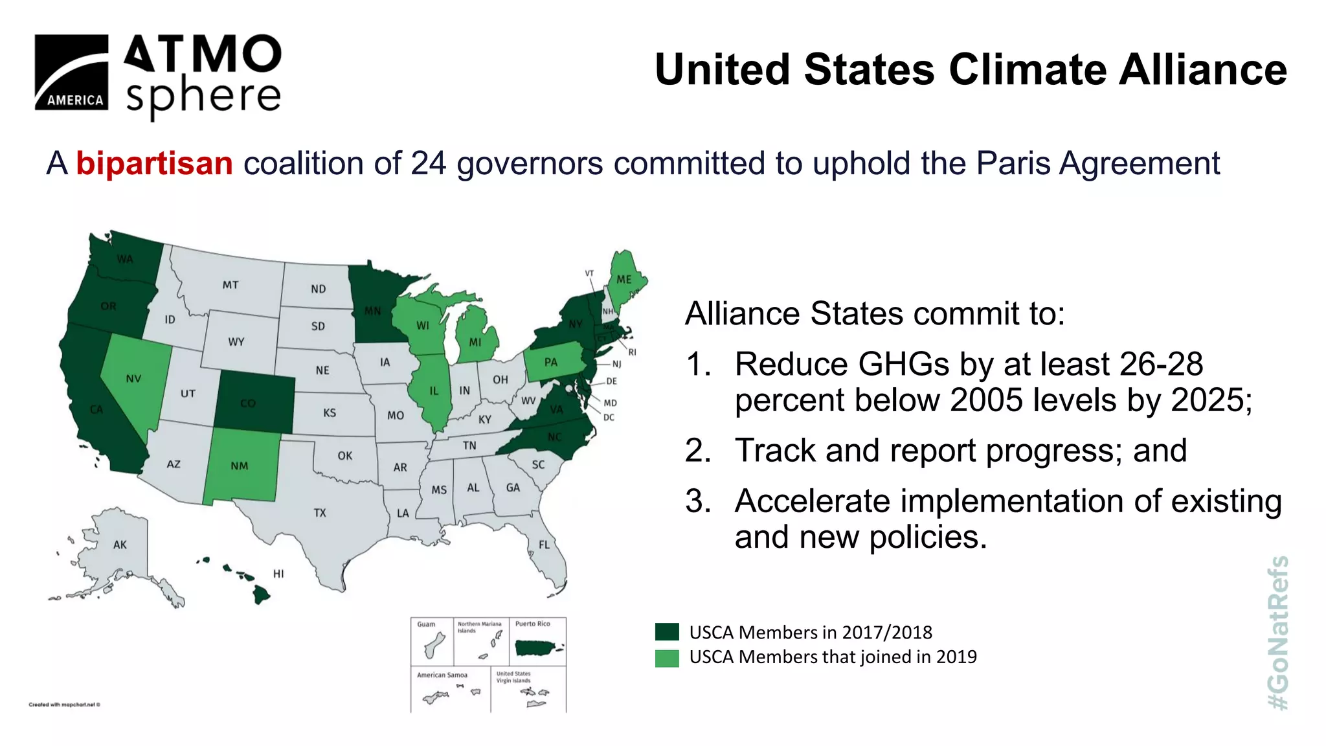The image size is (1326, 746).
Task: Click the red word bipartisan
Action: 154,163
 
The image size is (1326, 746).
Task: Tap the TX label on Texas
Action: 320,513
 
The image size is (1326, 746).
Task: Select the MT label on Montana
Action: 230,285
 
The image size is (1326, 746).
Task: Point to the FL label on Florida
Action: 544,545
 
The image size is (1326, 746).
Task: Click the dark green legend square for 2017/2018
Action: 667,632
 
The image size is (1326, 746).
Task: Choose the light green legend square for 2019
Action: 667,657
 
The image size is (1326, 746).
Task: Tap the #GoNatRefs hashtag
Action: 1278,633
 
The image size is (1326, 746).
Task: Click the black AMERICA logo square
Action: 71,72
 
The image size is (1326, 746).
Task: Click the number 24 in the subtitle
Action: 429,163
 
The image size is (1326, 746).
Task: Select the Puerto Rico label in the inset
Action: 532,624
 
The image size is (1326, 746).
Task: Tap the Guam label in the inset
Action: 426,624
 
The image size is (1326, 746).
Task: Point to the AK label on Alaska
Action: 120,545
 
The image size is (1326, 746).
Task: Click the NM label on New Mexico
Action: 240,466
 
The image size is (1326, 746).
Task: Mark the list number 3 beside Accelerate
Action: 698,501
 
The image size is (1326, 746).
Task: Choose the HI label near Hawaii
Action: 278,574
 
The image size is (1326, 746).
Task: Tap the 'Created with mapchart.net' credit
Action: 64,705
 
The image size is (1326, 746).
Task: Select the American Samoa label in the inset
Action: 442,675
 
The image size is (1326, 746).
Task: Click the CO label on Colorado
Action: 248,403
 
